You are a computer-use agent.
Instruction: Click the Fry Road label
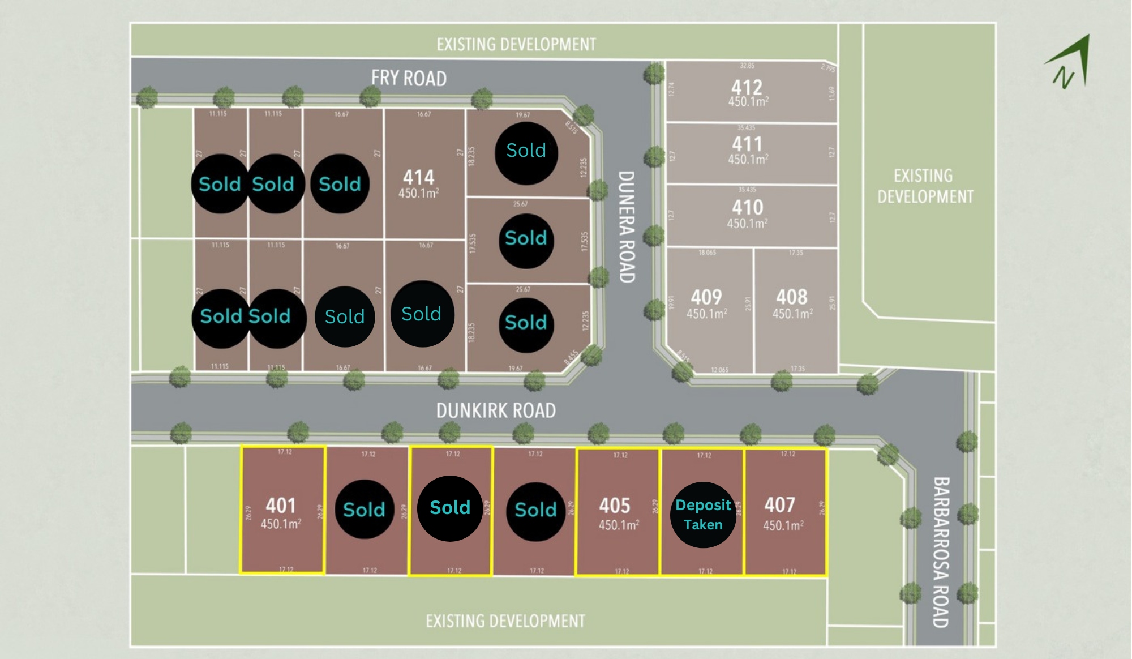(x=409, y=78)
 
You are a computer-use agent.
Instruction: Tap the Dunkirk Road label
(x=496, y=410)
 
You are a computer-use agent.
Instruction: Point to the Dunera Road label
(x=626, y=226)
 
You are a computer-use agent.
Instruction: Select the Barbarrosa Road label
(x=941, y=552)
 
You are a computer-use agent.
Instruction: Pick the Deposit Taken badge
(x=703, y=515)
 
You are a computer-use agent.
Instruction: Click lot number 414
(x=419, y=177)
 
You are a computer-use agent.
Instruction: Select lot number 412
(x=747, y=87)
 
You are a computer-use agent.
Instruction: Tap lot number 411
(x=747, y=144)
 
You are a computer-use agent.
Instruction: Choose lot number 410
(x=747, y=207)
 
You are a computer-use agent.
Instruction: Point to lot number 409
(x=706, y=297)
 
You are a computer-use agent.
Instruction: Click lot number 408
(x=792, y=297)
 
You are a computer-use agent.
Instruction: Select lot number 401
(x=281, y=505)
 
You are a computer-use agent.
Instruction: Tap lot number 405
(x=615, y=505)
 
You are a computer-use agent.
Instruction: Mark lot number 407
(x=780, y=504)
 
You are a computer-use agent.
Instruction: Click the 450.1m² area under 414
(x=419, y=194)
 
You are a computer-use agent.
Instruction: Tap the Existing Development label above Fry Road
(x=516, y=44)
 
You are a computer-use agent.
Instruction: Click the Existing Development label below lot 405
(x=505, y=621)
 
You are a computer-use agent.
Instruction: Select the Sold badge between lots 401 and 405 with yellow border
(x=450, y=508)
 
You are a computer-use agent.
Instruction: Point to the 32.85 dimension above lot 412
(x=747, y=66)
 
